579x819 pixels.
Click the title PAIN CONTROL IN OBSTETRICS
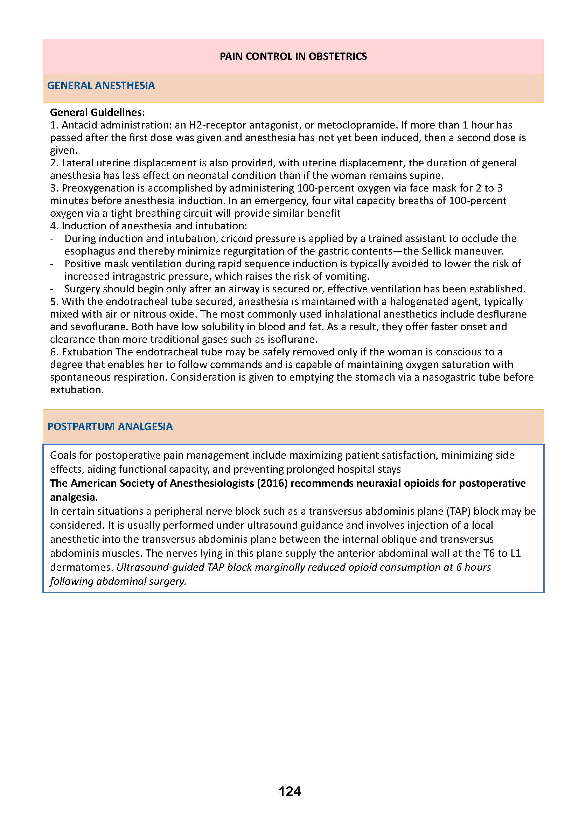coord(293,56)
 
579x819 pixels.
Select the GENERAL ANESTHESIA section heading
coord(101,85)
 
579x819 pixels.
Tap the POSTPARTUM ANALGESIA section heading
coord(110,426)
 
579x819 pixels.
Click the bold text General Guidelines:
coord(97,112)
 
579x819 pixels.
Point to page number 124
coord(289,792)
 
